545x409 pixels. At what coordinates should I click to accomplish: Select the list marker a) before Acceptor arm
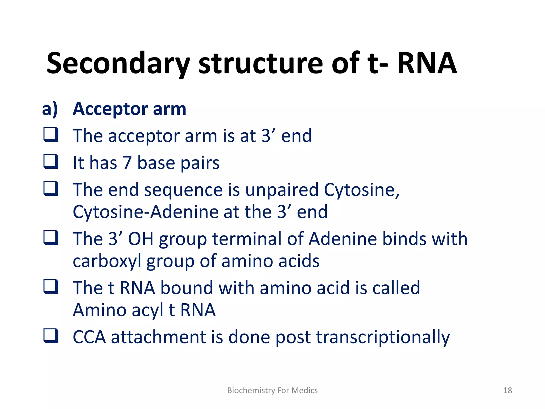tap(50, 109)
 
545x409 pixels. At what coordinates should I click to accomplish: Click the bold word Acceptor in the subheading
tap(110, 109)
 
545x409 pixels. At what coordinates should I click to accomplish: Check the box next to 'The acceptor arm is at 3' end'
tap(51, 134)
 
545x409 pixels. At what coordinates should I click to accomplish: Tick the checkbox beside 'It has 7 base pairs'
tap(51, 161)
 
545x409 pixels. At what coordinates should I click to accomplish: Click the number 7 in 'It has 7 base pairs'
tap(127, 163)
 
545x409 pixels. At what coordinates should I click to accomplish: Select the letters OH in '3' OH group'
tap(141, 239)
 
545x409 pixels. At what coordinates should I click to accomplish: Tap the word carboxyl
tap(107, 261)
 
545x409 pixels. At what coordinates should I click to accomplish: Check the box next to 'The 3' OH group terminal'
tap(51, 237)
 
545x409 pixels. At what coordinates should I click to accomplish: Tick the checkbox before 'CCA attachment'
tap(51, 336)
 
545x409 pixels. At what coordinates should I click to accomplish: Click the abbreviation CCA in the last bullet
tap(89, 337)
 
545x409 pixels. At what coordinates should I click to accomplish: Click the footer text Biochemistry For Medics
tap(272, 390)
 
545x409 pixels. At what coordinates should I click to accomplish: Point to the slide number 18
tap(507, 390)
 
